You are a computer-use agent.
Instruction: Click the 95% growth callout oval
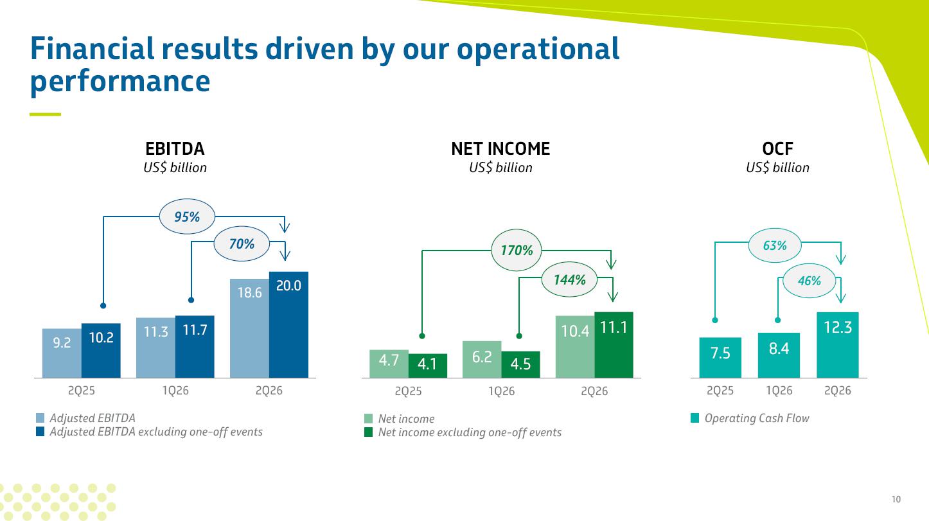click(x=187, y=216)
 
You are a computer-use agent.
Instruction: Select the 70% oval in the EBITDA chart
click(x=242, y=243)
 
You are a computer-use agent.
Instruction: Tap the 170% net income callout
click(x=517, y=250)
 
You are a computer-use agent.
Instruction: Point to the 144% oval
click(x=569, y=279)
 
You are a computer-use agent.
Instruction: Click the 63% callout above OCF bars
click(x=775, y=245)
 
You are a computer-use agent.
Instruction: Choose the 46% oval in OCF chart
click(x=809, y=281)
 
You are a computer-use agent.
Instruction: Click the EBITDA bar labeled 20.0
click(x=288, y=325)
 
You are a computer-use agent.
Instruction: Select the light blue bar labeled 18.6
click(x=250, y=328)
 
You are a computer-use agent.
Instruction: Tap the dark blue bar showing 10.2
click(x=101, y=351)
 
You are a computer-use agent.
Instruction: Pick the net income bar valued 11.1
click(x=614, y=345)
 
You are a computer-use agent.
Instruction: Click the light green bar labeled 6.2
click(x=482, y=359)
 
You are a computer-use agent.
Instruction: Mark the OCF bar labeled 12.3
click(x=838, y=345)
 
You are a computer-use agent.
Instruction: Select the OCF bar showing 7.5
click(x=720, y=358)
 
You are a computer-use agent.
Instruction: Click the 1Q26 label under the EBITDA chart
click(x=175, y=391)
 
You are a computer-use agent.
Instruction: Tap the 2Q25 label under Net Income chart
click(x=408, y=391)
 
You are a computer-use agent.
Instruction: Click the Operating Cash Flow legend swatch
click(x=695, y=418)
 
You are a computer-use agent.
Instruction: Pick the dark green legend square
click(x=368, y=432)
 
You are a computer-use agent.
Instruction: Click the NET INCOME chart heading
click(x=500, y=149)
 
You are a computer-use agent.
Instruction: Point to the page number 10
click(x=896, y=499)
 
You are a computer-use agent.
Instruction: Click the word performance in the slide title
click(x=120, y=82)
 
